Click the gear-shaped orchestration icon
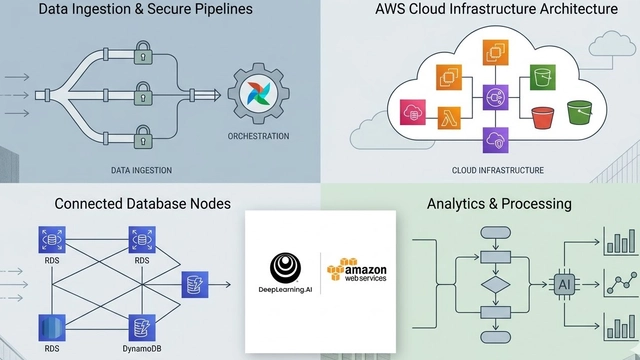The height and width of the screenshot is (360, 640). click(259, 94)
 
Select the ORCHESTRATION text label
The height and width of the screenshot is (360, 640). click(259, 136)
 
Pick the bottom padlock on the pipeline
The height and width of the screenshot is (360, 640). click(142, 134)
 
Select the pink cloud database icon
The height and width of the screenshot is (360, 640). click(412, 112)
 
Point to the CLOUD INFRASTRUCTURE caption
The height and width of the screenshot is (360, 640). click(498, 171)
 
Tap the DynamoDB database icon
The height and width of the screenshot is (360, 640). click(142, 328)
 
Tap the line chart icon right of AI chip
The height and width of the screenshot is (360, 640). click(621, 284)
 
